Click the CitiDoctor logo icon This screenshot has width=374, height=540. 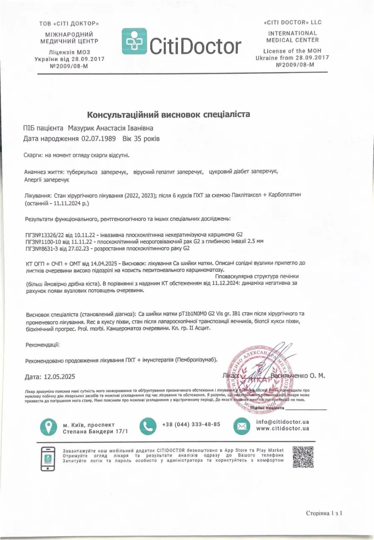[134, 42]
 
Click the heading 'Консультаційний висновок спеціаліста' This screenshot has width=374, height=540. [169, 114]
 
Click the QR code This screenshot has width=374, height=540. [303, 457]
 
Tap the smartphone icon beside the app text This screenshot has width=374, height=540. [48, 459]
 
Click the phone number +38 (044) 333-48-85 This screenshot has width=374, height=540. [192, 424]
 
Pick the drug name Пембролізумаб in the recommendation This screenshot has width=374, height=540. [195, 360]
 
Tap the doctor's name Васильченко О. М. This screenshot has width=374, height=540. [298, 376]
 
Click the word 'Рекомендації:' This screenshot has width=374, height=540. [42, 345]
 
